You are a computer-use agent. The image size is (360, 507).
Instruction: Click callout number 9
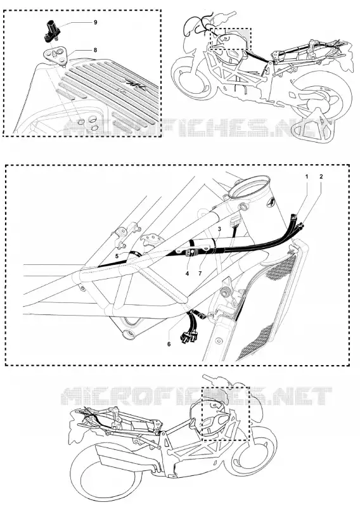click(x=96, y=22)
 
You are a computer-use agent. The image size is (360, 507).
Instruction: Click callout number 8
click(x=96, y=50)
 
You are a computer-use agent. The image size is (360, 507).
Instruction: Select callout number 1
click(x=306, y=177)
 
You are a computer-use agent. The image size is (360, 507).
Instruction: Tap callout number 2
click(x=321, y=177)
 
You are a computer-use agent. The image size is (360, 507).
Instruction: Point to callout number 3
click(x=219, y=229)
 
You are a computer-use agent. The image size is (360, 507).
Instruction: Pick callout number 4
click(x=187, y=274)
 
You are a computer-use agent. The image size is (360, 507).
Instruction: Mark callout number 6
click(x=169, y=344)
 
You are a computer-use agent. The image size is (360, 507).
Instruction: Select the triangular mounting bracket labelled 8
click(x=55, y=55)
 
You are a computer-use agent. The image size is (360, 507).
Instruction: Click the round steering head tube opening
click(x=250, y=187)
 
